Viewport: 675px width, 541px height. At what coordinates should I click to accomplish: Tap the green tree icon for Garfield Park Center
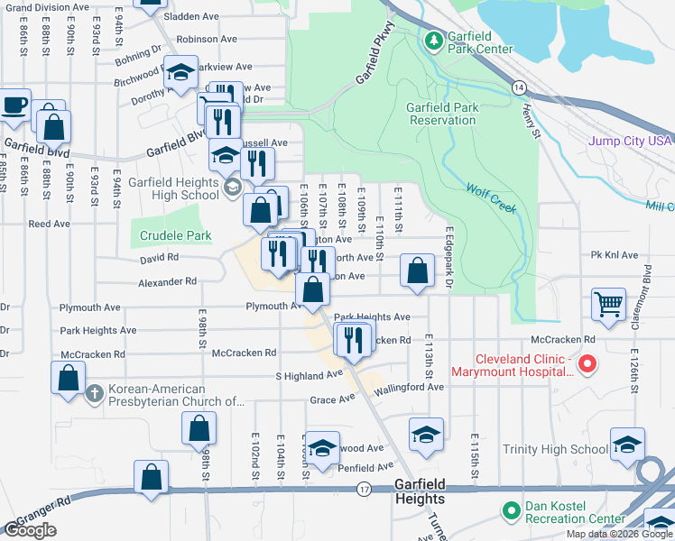click(433, 41)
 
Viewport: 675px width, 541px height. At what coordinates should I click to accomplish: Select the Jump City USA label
click(631, 141)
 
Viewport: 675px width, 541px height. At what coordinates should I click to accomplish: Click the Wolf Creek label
click(491, 198)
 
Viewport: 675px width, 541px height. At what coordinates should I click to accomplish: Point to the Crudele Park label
click(176, 236)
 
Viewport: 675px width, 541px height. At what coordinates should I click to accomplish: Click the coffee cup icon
click(14, 105)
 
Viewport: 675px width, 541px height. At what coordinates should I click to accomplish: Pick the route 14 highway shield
click(518, 87)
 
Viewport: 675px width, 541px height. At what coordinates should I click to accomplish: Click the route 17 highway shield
click(364, 489)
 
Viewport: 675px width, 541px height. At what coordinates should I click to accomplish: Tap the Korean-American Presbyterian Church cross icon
click(95, 393)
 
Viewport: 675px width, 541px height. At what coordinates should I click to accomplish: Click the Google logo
click(31, 530)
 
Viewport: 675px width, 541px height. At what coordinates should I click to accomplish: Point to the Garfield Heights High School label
click(173, 188)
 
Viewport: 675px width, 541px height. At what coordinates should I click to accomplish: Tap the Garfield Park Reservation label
click(442, 113)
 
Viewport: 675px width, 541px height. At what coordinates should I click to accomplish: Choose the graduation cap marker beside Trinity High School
click(627, 444)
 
